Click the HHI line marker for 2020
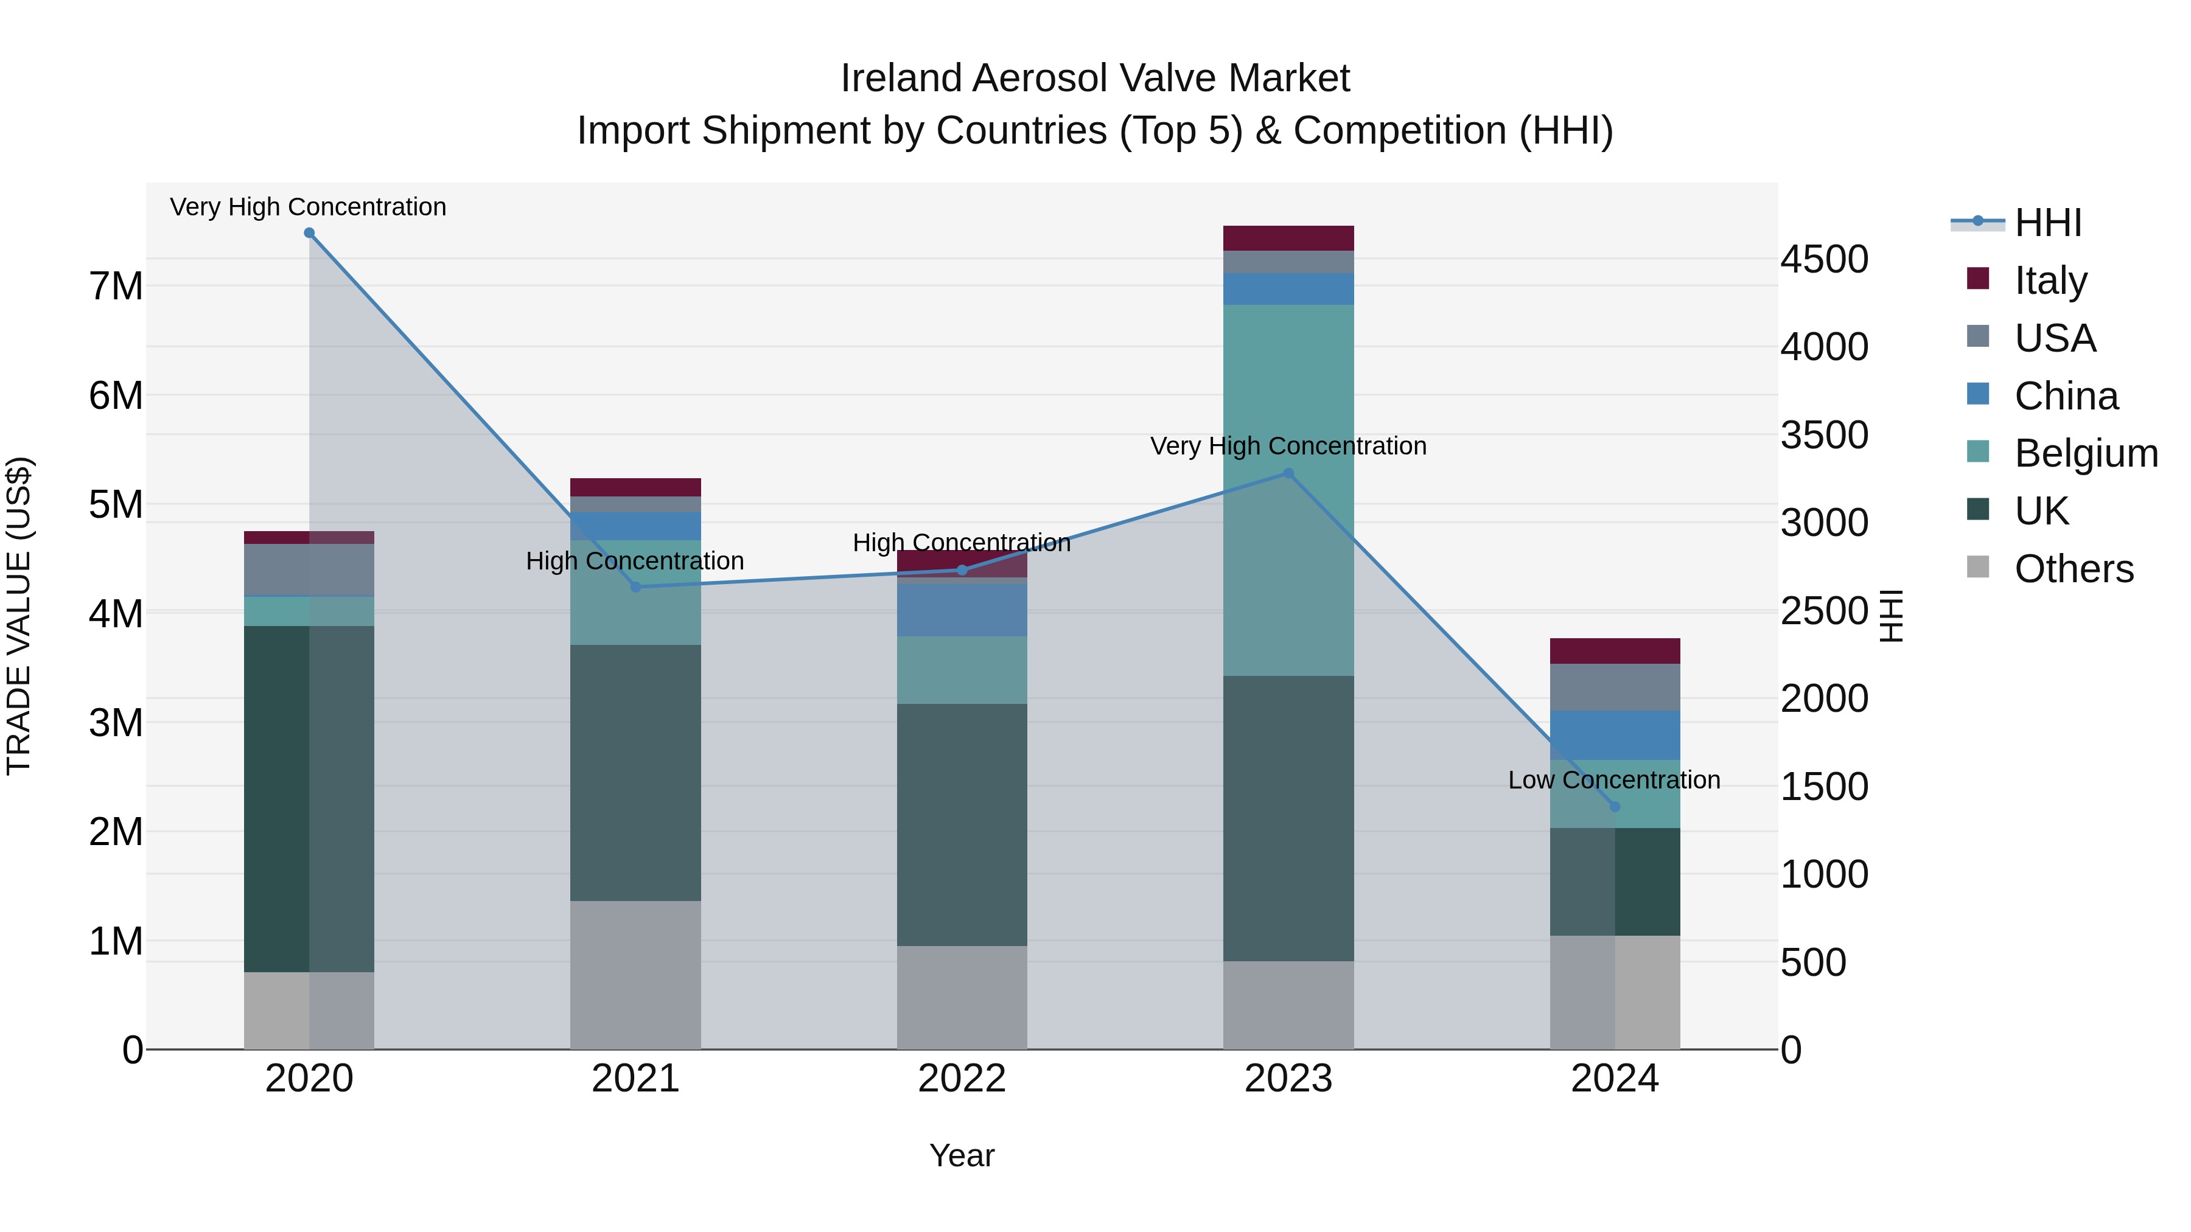(x=309, y=233)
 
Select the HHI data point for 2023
(x=1288, y=473)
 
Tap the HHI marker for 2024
(x=1614, y=806)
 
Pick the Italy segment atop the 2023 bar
(x=1288, y=238)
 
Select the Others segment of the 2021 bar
(x=635, y=975)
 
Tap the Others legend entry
(x=2074, y=568)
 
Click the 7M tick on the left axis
(x=116, y=286)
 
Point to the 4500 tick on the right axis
(x=1825, y=259)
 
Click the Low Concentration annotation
(x=1613, y=780)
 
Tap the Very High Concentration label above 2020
(x=308, y=207)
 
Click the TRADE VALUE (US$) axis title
(x=19, y=616)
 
